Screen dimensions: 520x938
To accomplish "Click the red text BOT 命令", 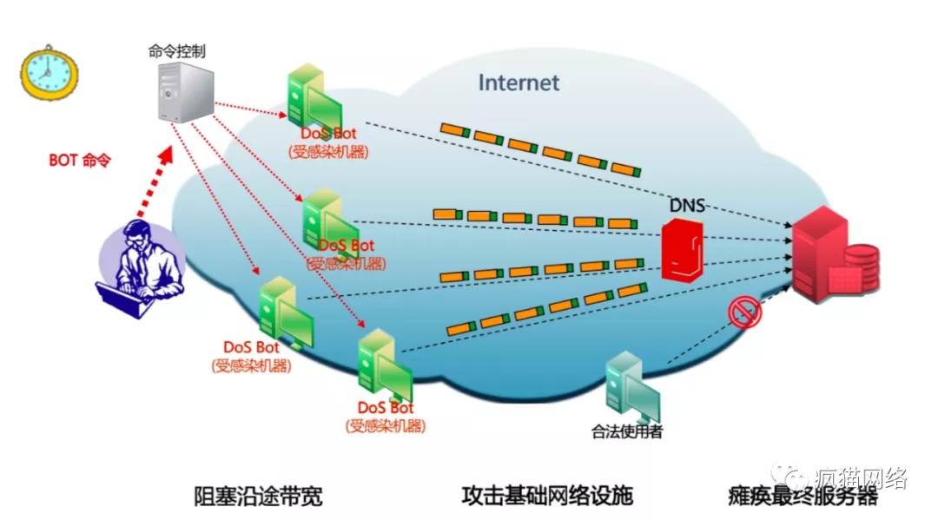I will [80, 161].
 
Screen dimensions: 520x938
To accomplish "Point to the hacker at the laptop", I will [141, 268].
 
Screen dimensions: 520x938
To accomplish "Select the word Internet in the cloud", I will [519, 83].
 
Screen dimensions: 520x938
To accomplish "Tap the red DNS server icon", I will [683, 250].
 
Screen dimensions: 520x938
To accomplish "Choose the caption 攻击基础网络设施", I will [547, 496].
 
